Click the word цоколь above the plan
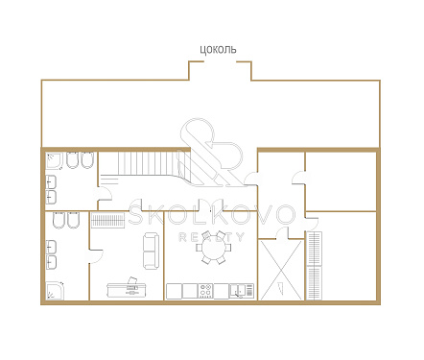coord(218,50)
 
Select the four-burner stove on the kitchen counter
coord(205,291)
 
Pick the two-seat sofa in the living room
coord(151,252)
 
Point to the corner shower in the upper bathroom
coord(54,160)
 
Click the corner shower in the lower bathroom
coord(55,291)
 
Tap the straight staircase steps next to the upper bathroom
coord(150,163)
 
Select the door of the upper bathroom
coord(105,194)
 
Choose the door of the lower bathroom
coord(96,256)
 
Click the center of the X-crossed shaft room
coord(281,270)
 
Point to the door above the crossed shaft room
coord(282,232)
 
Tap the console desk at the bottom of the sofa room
coord(126,290)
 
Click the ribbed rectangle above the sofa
coord(107,220)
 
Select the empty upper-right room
coord(341,181)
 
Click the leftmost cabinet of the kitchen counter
coord(175,291)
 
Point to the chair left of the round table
coord(199,248)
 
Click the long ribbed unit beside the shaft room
coord(315,266)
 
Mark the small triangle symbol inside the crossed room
coord(281,287)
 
